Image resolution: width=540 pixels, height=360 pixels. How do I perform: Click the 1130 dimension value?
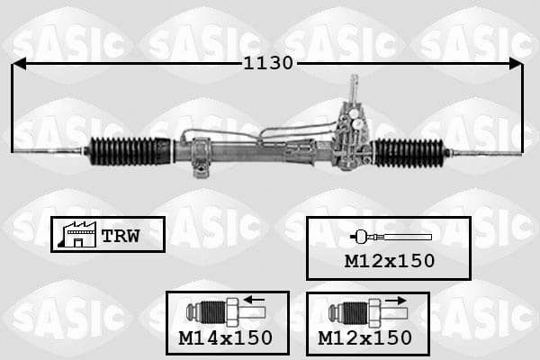coord(268,63)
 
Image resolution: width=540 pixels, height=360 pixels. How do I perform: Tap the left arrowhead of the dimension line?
coord(19,64)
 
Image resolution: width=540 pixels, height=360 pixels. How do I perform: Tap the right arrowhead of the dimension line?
coord(516,64)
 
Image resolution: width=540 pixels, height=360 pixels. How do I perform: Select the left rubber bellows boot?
coord(130,151)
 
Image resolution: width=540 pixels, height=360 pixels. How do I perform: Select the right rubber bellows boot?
coord(409,153)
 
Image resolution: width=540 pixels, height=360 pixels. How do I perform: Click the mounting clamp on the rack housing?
coord(201,157)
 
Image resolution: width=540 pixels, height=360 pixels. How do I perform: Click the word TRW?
coord(121,236)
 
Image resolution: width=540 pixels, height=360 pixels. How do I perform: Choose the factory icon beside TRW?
coord(77,234)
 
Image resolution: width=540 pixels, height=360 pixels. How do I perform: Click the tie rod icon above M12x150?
coord(391,237)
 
